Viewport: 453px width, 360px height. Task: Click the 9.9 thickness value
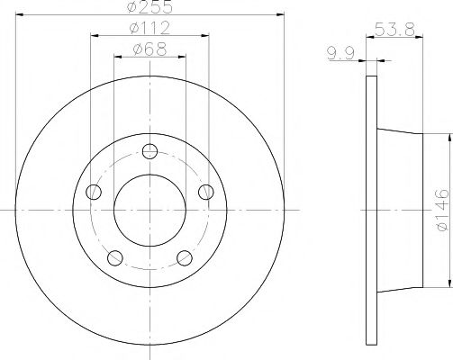tap(338, 55)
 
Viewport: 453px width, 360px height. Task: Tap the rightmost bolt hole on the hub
tap(207, 191)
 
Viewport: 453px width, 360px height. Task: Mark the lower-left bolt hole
tap(115, 258)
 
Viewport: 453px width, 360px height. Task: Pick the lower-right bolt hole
tap(186, 258)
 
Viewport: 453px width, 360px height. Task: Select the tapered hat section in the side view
tap(399, 210)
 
